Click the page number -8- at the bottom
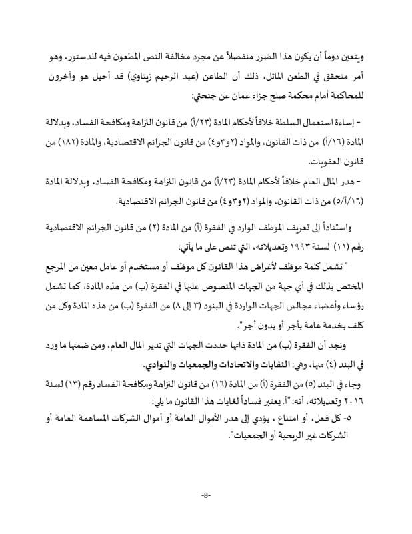[x=205, y=495]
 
